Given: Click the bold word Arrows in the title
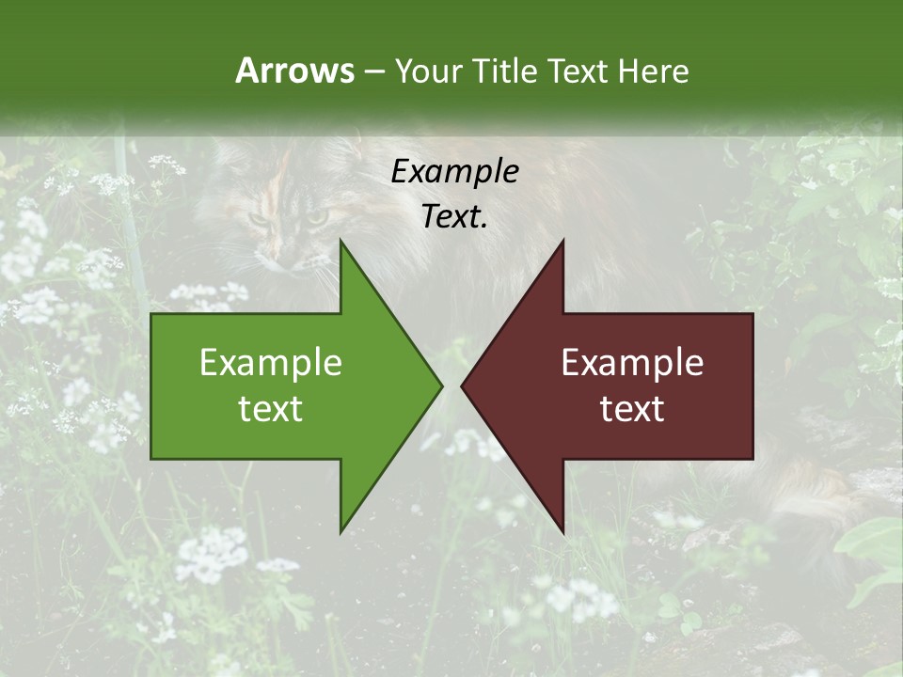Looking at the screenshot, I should point(294,71).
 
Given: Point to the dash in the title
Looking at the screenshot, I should point(373,71).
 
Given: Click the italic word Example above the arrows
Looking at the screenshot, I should point(454,171).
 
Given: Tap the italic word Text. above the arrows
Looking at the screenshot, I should point(454,217).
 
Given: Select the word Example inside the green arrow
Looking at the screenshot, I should point(271,363).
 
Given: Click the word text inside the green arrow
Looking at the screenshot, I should point(271,409).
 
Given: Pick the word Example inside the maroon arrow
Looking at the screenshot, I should point(632,363).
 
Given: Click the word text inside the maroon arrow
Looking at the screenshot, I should point(632,409).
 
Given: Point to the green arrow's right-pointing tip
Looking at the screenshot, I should point(440,386).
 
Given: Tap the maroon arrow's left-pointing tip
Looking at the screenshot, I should point(463,386).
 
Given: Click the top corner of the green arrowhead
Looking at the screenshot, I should point(341,242).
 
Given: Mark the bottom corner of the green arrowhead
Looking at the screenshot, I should point(341,531).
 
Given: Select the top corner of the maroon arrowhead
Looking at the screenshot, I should point(562,242).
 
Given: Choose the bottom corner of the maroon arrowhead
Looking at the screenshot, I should point(562,531).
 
